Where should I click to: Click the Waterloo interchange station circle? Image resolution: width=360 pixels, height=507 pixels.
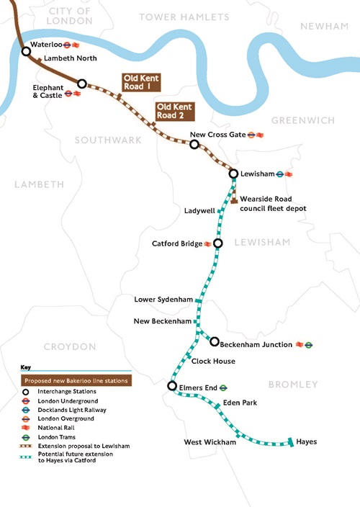[x=26, y=51]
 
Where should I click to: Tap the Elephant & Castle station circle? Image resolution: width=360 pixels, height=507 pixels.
[x=82, y=84]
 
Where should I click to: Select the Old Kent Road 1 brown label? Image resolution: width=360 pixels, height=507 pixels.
[x=140, y=82]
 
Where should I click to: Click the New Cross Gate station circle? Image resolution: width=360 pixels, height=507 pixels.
[x=194, y=144]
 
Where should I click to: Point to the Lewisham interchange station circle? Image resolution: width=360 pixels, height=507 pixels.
[x=233, y=174]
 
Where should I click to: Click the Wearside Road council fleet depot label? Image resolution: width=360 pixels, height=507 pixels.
[x=273, y=202]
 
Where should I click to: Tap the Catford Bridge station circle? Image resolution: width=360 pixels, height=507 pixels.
[x=218, y=243]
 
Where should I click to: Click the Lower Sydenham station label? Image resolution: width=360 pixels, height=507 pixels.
[x=163, y=299]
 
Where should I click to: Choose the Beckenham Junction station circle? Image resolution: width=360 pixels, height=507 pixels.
[x=215, y=341]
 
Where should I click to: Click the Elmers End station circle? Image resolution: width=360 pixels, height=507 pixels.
[x=172, y=386]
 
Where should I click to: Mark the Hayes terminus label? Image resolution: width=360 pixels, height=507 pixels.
[x=307, y=441]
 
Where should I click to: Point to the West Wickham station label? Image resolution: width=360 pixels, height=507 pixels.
[x=210, y=441]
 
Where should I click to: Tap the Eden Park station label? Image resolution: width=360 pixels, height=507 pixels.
[x=240, y=403]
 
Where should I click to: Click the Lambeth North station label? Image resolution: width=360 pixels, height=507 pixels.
[x=65, y=58]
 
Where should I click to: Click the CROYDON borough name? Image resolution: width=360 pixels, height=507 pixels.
[x=69, y=346]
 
